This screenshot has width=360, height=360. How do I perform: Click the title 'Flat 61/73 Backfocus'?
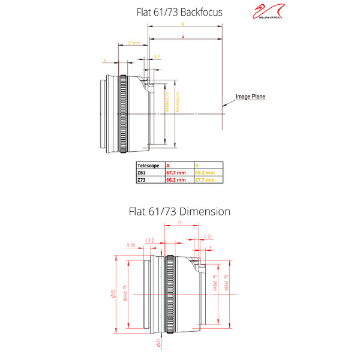coord(179,11)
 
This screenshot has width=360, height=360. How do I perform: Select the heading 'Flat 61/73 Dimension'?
coord(179,211)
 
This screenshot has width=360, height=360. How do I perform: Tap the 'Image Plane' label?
coord(250,96)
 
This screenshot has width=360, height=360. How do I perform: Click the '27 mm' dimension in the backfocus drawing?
coord(133,43)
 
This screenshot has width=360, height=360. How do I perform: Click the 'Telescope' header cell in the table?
coord(150,164)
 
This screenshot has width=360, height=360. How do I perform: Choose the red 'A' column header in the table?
coord(168,164)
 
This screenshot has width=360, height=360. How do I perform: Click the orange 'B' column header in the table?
coord(196,164)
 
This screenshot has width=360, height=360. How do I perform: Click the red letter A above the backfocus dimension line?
coord(182,37)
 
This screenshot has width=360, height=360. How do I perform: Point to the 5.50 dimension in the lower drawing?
coord(131,245)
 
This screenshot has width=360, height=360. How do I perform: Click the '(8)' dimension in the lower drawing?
coord(151,240)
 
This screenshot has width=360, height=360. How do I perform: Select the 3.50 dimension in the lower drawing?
coord(208,236)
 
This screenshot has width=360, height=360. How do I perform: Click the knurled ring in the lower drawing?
coord(170,293)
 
